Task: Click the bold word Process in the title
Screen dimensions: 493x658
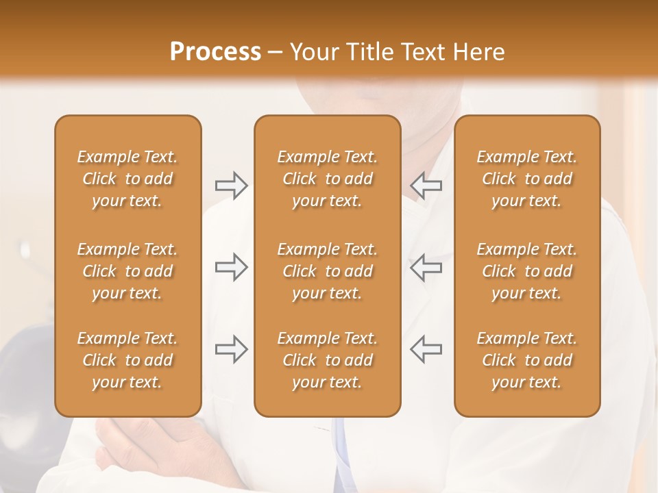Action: (x=215, y=52)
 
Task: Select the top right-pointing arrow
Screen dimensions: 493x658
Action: (x=232, y=186)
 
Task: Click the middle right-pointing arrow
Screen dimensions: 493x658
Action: (x=232, y=267)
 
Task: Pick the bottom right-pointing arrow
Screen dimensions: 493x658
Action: (x=232, y=349)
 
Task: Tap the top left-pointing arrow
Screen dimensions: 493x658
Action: (x=426, y=186)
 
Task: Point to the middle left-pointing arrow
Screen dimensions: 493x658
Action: (x=426, y=267)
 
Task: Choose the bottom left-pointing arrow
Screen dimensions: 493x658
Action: (x=426, y=349)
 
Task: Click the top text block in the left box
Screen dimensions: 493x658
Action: (x=127, y=179)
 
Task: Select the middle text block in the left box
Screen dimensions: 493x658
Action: (x=127, y=271)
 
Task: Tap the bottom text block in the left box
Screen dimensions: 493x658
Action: (x=127, y=360)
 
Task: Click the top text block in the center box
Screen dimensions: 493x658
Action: (x=327, y=179)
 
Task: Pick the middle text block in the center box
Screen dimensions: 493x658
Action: (x=327, y=271)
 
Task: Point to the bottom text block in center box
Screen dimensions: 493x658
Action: (x=327, y=360)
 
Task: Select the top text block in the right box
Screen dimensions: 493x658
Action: (x=527, y=179)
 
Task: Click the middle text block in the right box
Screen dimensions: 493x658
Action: (x=527, y=271)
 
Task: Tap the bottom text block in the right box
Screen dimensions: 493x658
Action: (x=527, y=360)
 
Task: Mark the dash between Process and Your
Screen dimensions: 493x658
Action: (x=276, y=53)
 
